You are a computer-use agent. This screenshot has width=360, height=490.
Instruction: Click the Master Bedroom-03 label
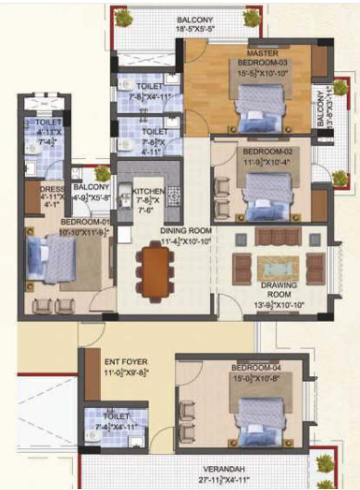[x=242, y=61]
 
